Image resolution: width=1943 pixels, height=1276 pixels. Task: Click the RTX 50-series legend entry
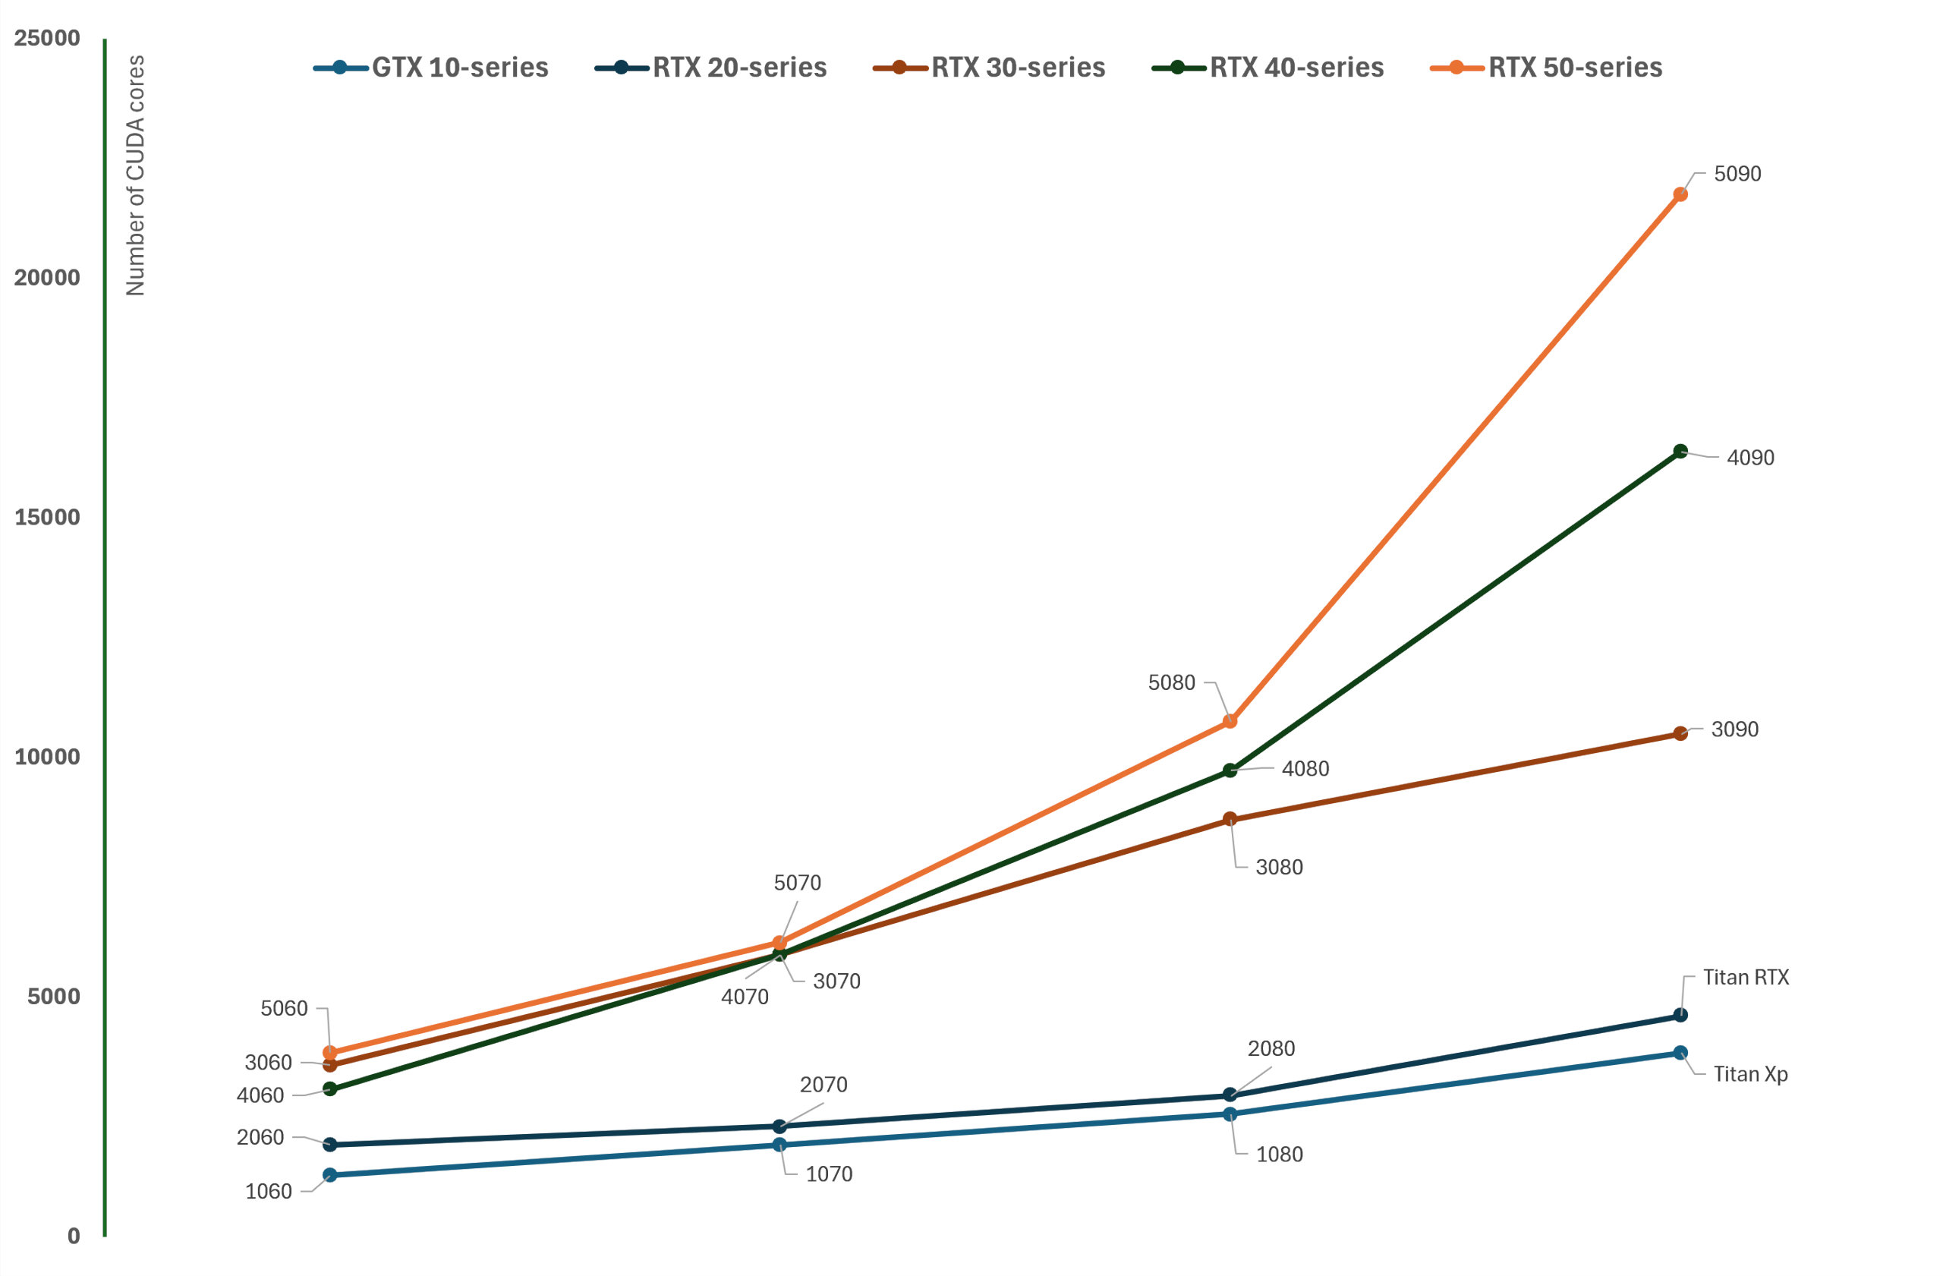[1546, 68]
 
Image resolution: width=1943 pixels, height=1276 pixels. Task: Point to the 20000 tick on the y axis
[47, 278]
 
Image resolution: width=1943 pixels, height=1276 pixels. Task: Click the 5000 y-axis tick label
[54, 997]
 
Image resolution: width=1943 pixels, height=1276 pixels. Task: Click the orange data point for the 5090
[1680, 194]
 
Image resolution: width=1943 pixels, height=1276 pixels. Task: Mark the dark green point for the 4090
[1680, 452]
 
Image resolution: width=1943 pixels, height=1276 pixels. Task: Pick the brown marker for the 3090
[1680, 734]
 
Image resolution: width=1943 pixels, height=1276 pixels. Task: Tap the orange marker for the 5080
[1230, 722]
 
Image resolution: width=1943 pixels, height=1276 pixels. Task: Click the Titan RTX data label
[1746, 977]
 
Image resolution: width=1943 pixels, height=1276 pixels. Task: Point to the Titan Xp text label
[1750, 1073]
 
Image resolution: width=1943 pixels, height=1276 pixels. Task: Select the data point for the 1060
[330, 1175]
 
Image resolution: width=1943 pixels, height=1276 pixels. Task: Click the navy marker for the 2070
[779, 1126]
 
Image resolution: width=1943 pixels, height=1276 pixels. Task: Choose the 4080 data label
[1305, 769]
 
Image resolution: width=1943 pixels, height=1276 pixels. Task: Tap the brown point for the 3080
[1230, 819]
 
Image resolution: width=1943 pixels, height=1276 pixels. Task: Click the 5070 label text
[797, 883]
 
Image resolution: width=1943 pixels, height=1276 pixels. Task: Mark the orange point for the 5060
[330, 1053]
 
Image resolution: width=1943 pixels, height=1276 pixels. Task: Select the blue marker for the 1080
[1230, 1114]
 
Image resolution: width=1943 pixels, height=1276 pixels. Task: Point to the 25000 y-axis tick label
[47, 39]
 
